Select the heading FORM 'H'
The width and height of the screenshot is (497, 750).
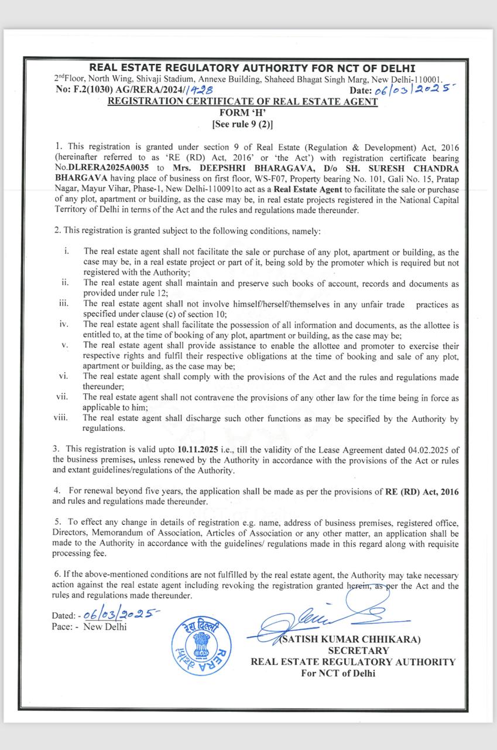242,112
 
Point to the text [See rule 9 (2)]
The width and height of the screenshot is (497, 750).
242,124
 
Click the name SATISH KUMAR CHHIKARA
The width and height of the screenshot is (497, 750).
351,640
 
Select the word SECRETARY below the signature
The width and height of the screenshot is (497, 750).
358,650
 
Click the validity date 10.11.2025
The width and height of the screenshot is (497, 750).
197,449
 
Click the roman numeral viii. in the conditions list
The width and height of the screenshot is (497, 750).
60,418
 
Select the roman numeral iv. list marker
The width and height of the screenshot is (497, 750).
64,325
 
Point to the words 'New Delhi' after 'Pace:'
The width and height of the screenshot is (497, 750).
105,626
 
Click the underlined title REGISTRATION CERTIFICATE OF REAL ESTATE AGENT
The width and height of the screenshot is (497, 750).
242,101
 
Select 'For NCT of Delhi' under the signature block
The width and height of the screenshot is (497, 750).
338,673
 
